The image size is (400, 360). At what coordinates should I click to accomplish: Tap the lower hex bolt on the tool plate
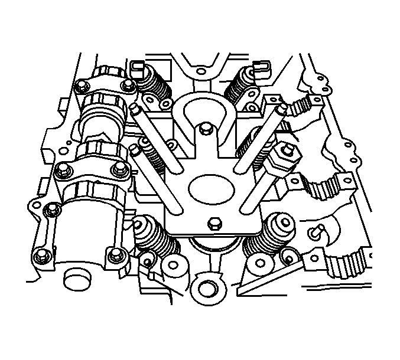pos(214,223)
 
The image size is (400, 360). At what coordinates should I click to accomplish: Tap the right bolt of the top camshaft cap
pos(126,88)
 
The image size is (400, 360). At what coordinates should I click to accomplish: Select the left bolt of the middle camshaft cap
pos(59,172)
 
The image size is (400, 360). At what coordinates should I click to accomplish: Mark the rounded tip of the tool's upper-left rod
pos(136,108)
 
